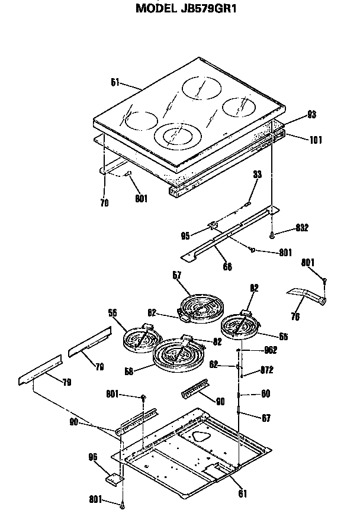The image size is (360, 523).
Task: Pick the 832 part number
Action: coord(301,228)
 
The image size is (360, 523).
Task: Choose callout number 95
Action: coord(185,236)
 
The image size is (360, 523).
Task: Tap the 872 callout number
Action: coord(267,372)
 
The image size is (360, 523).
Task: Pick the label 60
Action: coord(266,393)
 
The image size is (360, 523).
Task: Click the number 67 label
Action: coord(266,418)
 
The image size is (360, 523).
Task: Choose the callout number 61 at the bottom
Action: coord(242,493)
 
